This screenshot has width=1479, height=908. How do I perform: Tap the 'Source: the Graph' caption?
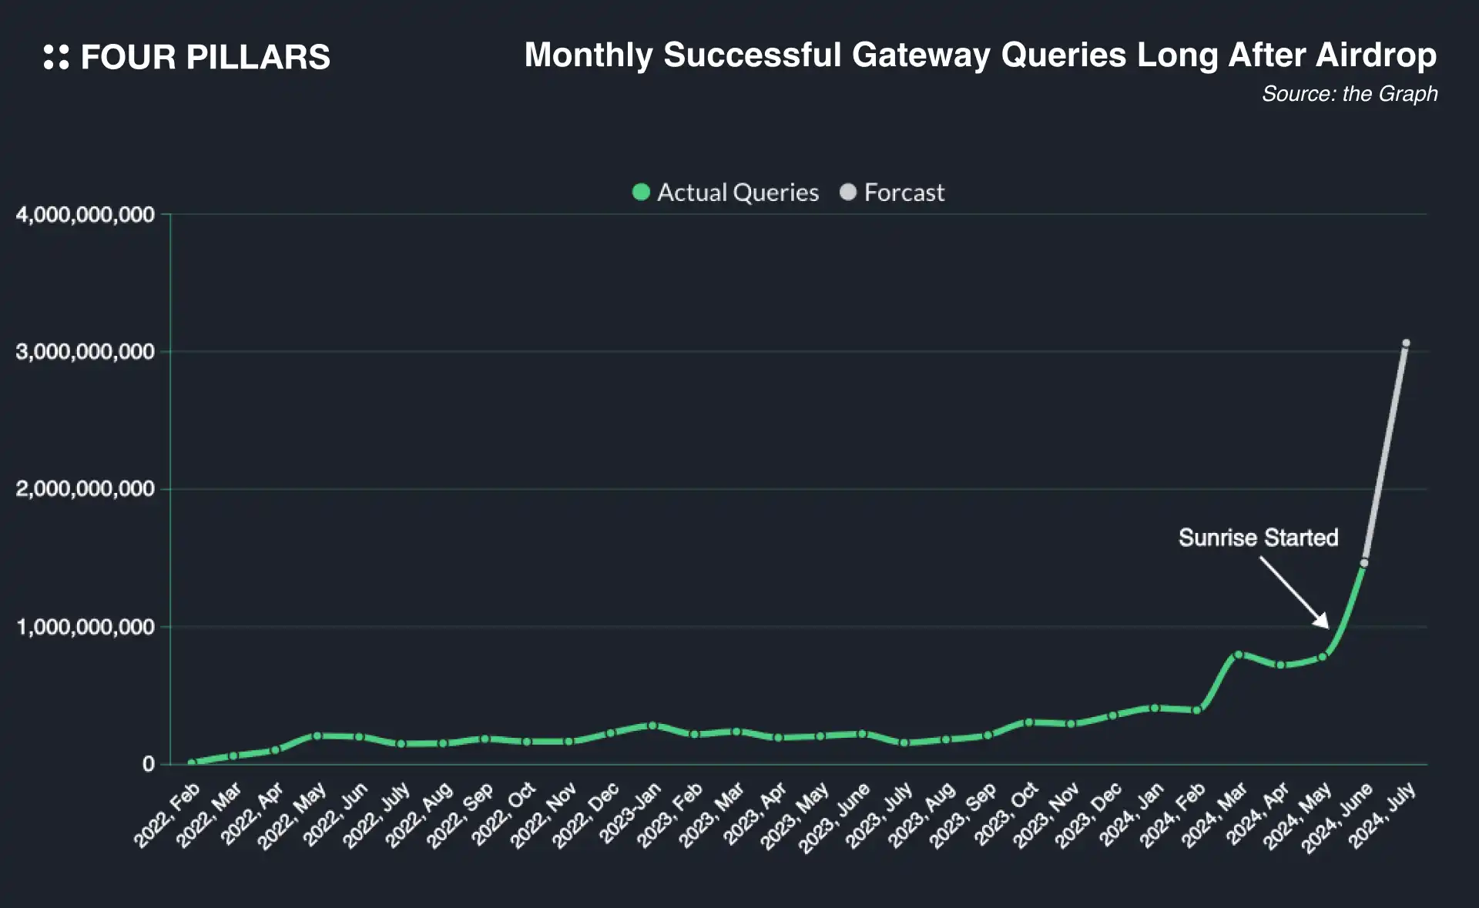coord(1349,94)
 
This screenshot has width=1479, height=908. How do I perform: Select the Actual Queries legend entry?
coord(725,193)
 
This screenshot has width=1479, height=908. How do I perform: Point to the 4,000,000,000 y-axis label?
coord(86,215)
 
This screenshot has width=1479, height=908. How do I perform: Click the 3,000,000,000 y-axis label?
coord(86,352)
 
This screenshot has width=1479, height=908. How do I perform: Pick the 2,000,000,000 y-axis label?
coord(86,489)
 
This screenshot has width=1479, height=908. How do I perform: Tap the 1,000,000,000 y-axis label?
coord(86,627)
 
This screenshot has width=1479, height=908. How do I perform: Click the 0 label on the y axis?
coord(149,764)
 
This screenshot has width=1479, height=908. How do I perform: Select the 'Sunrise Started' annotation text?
coord(1258,538)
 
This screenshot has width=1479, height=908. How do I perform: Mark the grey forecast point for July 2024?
coord(1406,343)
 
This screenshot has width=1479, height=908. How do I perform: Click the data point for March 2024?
coord(1238,655)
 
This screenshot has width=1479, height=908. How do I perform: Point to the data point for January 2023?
coord(652,725)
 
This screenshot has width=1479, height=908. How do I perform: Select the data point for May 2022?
coord(317,735)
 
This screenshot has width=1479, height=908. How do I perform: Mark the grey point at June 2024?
coord(1364,563)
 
